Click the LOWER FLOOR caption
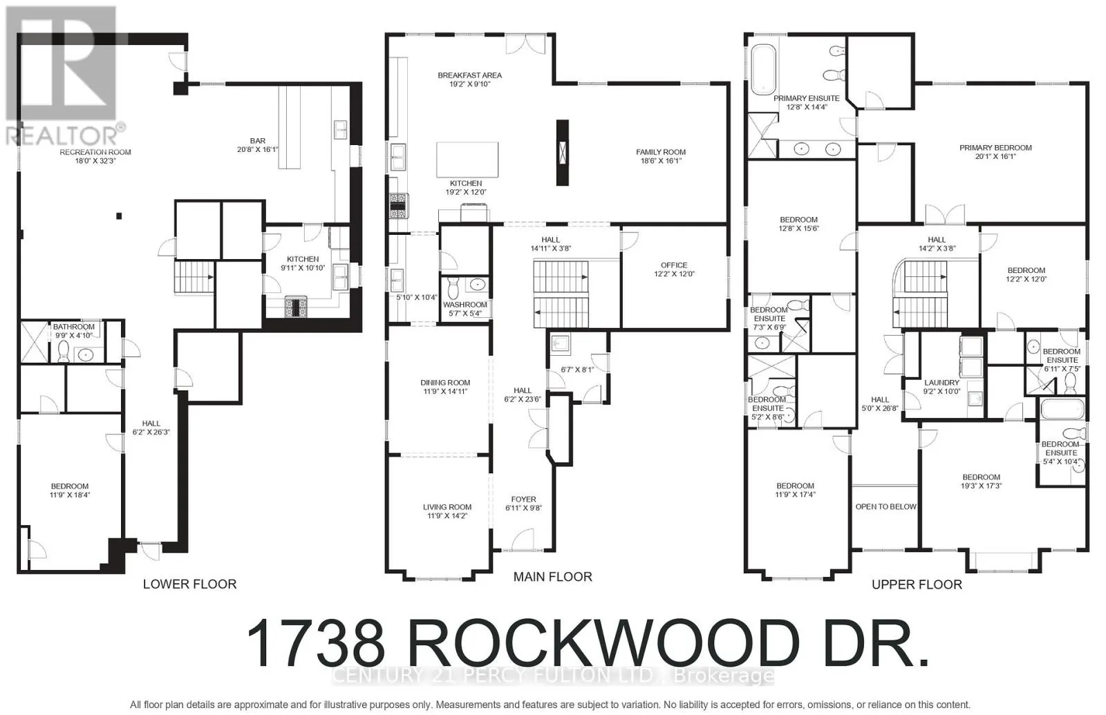[x=189, y=584]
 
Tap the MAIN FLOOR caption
[x=552, y=577]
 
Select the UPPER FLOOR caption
[x=917, y=585]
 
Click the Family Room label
[x=661, y=152]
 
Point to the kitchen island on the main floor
[x=467, y=160]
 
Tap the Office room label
[x=674, y=265]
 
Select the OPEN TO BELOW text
[x=885, y=507]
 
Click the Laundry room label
[x=941, y=383]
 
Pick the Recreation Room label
[x=95, y=152]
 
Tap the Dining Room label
[x=445, y=383]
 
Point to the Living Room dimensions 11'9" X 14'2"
[x=447, y=515]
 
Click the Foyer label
[x=523, y=499]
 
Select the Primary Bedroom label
[x=995, y=148]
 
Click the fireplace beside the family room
[x=563, y=152]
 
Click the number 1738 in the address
[x=316, y=643]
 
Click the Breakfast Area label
[x=469, y=75]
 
